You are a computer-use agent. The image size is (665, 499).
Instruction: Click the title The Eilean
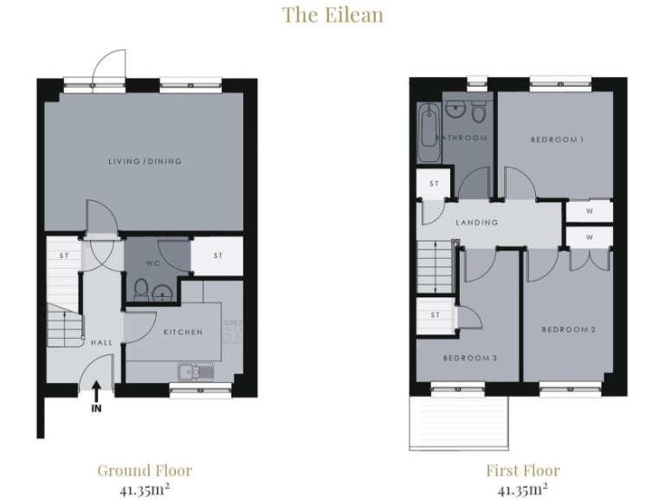point(332,15)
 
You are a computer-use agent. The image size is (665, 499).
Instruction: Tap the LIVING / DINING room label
point(145,161)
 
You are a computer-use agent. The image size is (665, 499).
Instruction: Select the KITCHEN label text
point(183,332)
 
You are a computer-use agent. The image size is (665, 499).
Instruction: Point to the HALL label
point(102,343)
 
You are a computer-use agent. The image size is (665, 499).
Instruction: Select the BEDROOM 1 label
point(557,139)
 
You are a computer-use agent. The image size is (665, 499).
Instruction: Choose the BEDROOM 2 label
point(568,329)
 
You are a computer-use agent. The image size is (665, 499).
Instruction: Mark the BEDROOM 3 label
point(469,357)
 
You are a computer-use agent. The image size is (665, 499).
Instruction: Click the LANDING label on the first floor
point(477,223)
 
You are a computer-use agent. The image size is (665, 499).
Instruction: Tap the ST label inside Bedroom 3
point(435,314)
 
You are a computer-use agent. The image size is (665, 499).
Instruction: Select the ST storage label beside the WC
point(217,256)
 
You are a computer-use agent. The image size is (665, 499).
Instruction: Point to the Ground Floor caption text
point(145,470)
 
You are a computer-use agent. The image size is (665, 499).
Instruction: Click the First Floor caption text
point(522,470)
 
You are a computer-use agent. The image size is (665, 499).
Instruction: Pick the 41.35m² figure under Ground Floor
point(145,488)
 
